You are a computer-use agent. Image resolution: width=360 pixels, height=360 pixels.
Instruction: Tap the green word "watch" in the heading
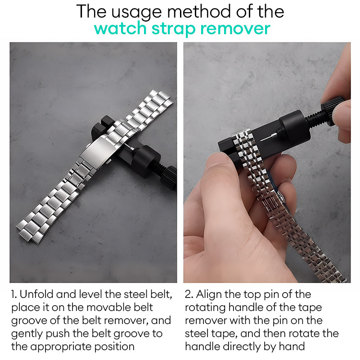point(120,28)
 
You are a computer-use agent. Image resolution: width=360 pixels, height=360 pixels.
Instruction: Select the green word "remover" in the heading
point(235,29)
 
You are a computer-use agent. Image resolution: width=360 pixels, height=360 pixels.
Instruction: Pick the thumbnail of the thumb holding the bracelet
point(216,160)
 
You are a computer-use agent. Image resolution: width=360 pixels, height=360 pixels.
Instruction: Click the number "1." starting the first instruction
point(14,294)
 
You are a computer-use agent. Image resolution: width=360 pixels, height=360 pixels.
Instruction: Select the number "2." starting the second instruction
point(189,294)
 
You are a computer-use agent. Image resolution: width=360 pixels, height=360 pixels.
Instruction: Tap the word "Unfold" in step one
point(36,294)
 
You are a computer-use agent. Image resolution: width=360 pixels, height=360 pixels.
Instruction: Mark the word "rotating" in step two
point(206,308)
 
